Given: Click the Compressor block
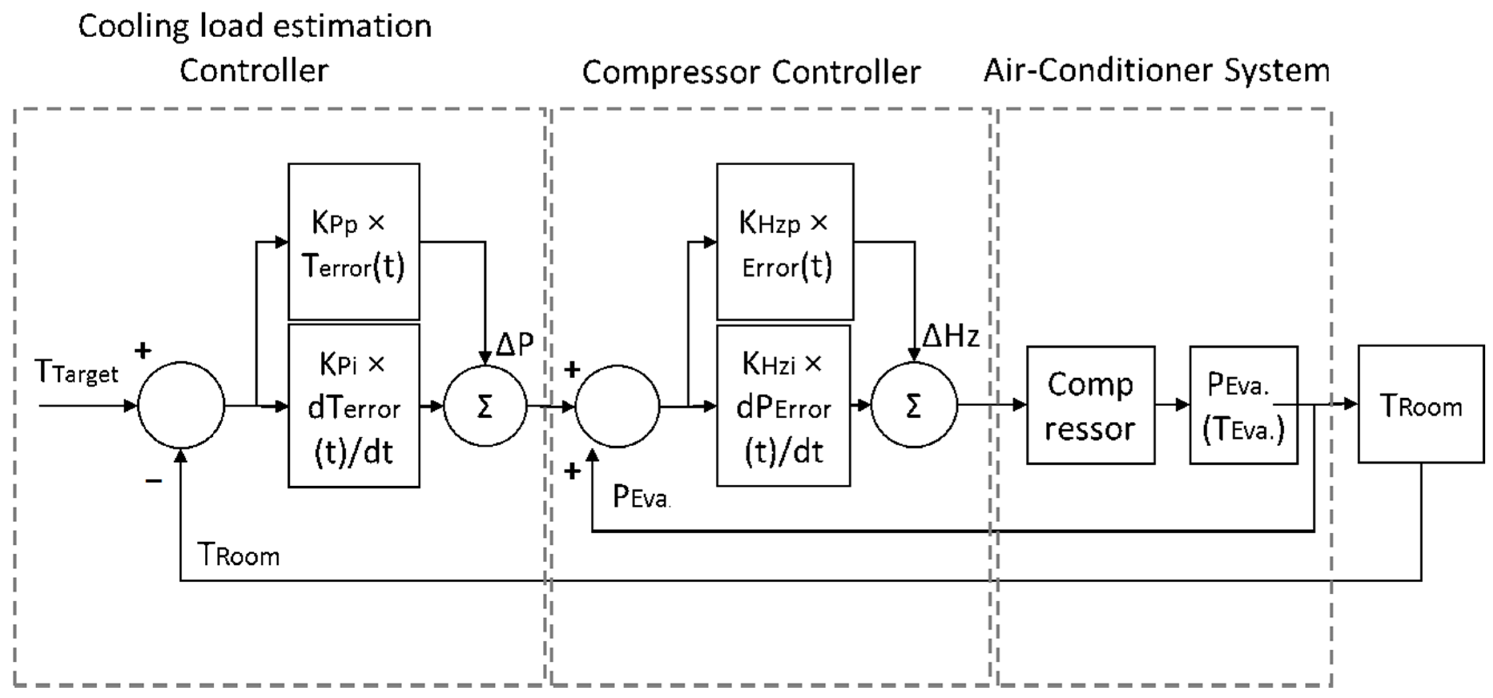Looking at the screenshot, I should click(x=1090, y=405).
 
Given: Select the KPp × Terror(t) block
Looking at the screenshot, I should click(x=354, y=242).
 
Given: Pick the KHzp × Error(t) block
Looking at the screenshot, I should click(x=785, y=242).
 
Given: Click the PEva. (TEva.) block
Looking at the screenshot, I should click(x=1243, y=405).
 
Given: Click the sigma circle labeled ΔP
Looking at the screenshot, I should click(x=485, y=405).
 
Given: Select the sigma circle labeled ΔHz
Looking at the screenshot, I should click(x=914, y=405).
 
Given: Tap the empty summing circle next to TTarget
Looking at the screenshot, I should click(x=181, y=405).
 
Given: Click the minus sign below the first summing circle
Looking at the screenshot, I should click(x=153, y=481).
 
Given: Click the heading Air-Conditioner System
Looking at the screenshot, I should click(x=1156, y=71).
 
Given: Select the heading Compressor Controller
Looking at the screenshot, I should click(x=751, y=73).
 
